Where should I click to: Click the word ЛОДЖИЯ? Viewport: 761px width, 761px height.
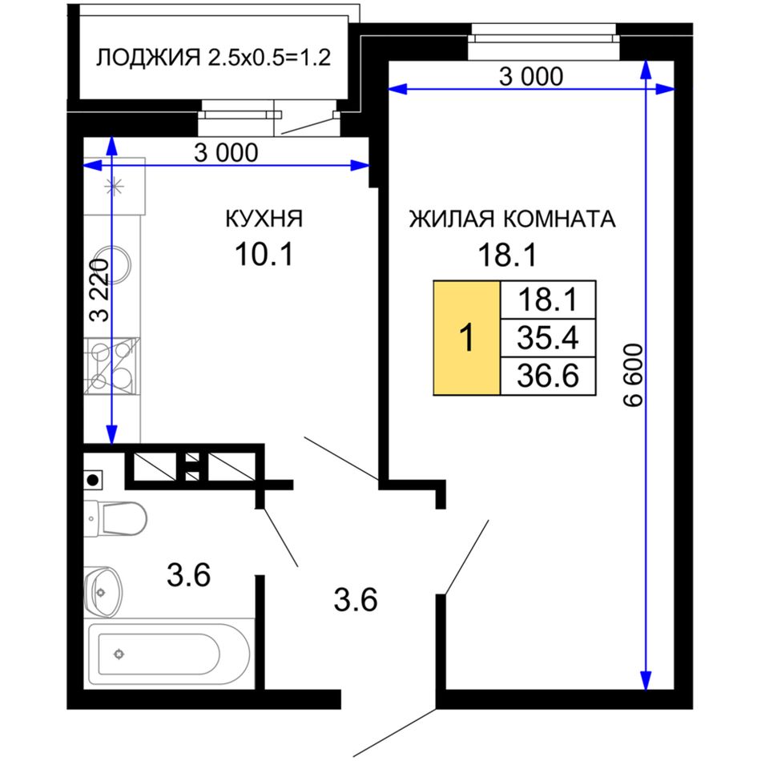coord(148,58)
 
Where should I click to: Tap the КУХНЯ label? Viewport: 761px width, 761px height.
coord(264,219)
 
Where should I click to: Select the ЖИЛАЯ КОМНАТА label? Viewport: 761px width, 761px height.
coord(513,219)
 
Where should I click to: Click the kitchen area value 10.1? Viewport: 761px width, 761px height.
coord(264,254)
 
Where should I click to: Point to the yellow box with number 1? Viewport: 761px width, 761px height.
coord(466,338)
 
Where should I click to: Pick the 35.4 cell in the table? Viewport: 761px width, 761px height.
coord(548,338)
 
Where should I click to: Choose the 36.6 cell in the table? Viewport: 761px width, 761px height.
coord(548,376)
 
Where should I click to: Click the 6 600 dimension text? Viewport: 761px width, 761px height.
coord(634,375)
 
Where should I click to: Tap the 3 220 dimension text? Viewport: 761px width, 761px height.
coord(99,290)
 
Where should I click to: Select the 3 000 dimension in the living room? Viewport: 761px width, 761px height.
coord(531,77)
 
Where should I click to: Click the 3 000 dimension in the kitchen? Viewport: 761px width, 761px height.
coord(226,153)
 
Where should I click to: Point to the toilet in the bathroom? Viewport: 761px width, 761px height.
coord(115,518)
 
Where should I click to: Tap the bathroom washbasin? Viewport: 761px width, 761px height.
coord(103,592)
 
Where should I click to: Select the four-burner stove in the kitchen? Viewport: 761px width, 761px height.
coord(112,366)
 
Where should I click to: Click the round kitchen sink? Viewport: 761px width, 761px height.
coord(114,265)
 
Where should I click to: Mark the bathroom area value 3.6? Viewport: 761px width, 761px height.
coord(188,574)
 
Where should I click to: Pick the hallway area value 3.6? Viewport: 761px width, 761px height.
coord(355,599)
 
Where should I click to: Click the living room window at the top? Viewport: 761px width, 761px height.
coord(544,42)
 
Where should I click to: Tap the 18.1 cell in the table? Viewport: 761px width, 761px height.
coord(548,300)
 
